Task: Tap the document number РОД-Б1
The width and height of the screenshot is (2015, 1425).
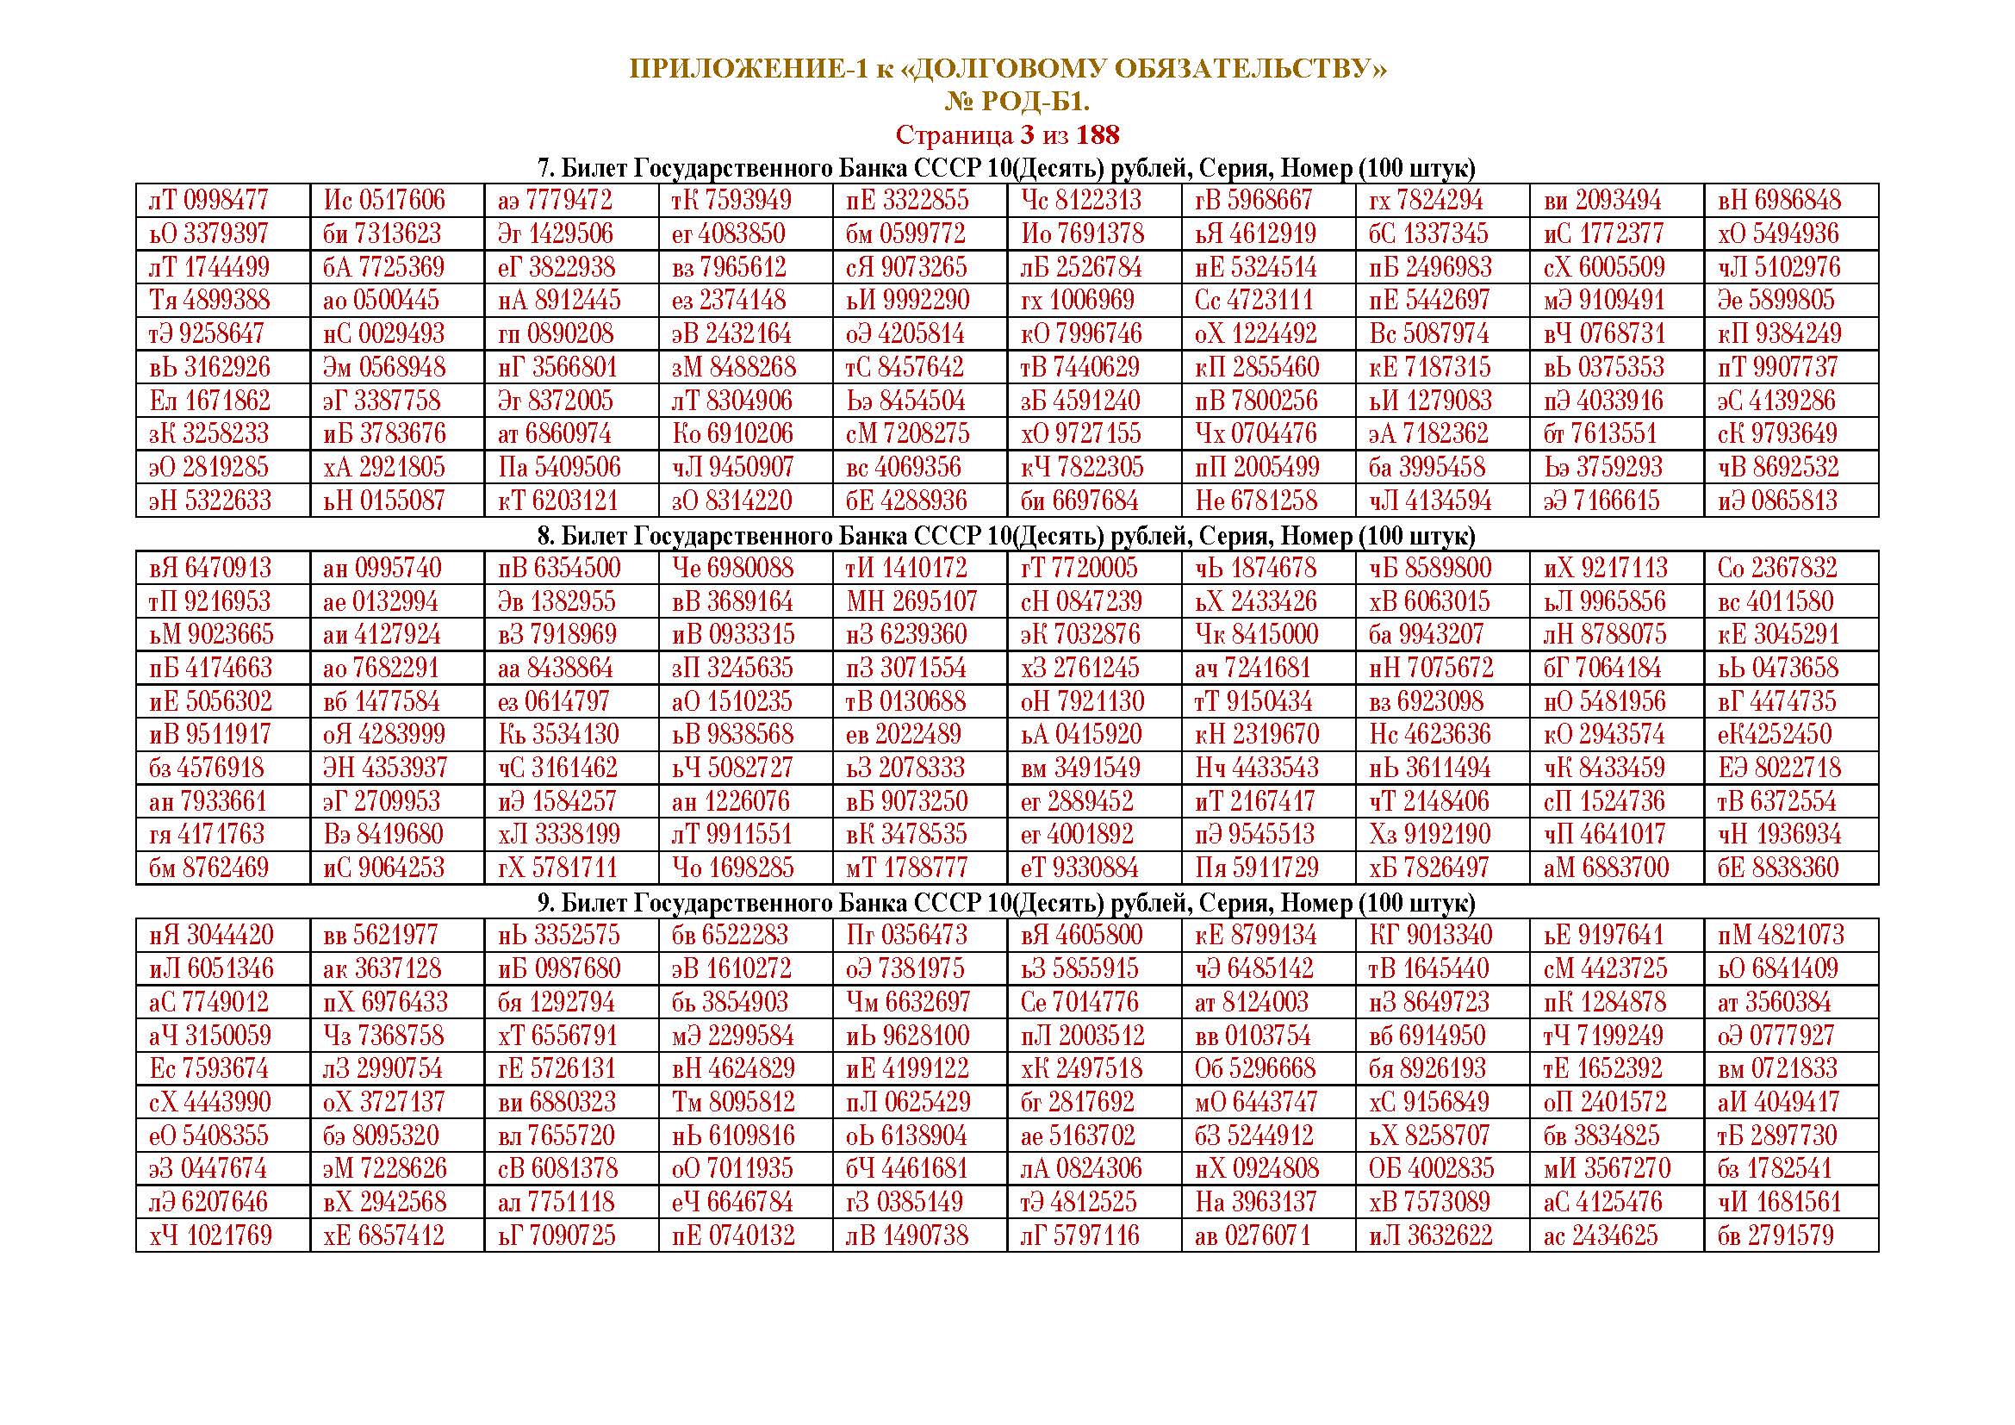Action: point(1035,103)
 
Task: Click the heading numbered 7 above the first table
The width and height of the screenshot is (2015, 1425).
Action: point(1005,169)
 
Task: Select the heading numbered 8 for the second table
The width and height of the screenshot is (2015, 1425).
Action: point(1005,535)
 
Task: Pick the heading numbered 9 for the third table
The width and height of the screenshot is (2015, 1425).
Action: point(1005,903)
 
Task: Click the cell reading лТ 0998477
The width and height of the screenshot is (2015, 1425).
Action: point(208,201)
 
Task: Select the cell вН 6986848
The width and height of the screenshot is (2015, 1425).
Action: point(1778,201)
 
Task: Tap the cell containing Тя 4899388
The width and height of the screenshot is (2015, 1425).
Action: point(208,301)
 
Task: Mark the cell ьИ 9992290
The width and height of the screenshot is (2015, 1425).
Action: point(907,301)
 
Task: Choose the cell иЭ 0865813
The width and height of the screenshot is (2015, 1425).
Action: point(1778,501)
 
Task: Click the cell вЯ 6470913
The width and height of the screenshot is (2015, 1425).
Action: point(210,569)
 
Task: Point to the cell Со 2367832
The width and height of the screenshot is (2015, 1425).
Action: point(1777,569)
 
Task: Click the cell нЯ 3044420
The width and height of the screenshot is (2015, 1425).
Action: point(210,936)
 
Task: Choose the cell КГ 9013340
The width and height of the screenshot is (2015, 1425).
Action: point(1431,936)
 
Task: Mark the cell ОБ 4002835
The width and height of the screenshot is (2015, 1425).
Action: point(1431,1169)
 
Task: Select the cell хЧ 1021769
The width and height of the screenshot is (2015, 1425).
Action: point(210,1236)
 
